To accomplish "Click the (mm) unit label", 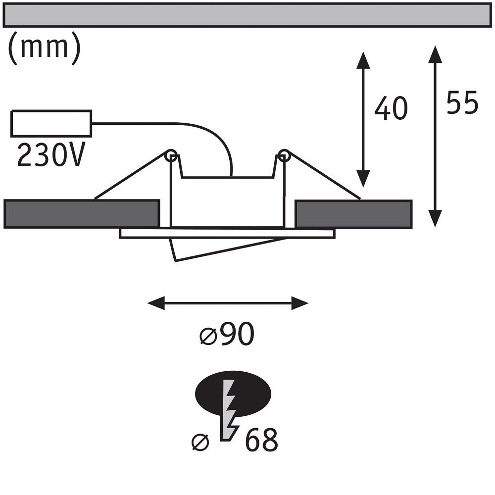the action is point(44,48).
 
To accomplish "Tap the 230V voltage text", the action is point(51,154).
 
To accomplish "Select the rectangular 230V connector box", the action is point(51,123).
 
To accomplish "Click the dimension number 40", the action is point(391,108).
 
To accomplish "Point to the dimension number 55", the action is point(462,102).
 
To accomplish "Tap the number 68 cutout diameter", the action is point(261,440).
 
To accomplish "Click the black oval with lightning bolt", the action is point(233,393).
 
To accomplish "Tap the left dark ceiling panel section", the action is point(82,213).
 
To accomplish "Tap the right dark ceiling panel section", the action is point(353,214).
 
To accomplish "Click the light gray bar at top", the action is point(247,15).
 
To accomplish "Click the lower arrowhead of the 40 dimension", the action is point(363,179).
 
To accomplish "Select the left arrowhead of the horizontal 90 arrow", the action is point(156,303).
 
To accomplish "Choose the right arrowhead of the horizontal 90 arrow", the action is point(299,303).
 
